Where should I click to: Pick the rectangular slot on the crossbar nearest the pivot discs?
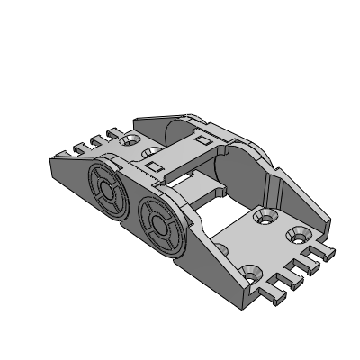click(x=153, y=167)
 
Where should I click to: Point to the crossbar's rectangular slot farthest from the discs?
click(x=202, y=139)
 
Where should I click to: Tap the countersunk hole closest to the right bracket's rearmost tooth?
click(x=296, y=236)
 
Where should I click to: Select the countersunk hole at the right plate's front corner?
click(x=249, y=271)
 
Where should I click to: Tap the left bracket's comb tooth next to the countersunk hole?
click(x=112, y=135)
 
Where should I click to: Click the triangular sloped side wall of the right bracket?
click(x=297, y=198)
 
